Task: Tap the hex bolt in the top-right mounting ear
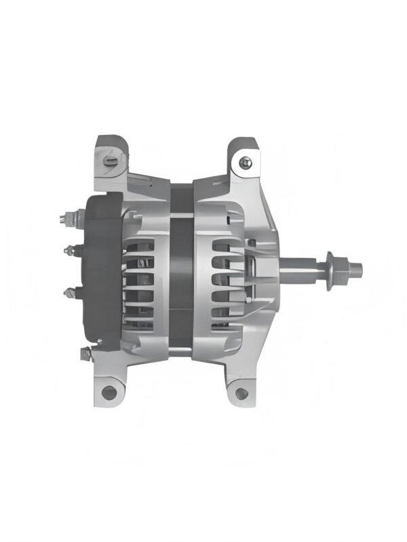(244, 162)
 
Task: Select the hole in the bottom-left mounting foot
(109, 391)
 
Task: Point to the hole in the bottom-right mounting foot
(240, 391)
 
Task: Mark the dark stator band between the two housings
(182, 271)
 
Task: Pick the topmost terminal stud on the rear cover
(67, 219)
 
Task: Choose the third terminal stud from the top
(69, 292)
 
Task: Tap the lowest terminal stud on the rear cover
(84, 352)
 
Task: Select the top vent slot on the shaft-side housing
(225, 245)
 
